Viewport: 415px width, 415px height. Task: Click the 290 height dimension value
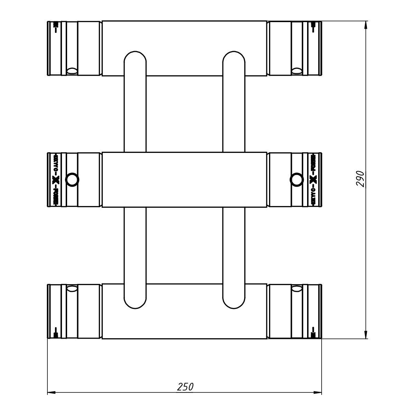click(360, 179)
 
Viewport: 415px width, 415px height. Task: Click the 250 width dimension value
click(185, 387)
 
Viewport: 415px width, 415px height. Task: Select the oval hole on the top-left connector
click(72, 71)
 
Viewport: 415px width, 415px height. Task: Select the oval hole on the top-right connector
click(296, 71)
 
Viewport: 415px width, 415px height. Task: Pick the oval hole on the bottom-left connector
click(72, 288)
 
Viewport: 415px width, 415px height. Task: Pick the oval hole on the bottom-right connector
click(296, 288)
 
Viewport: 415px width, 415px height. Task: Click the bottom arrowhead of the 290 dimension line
click(366, 334)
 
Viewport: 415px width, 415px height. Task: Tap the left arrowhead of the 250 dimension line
click(52, 393)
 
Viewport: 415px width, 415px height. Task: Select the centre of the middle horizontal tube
click(184, 179)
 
